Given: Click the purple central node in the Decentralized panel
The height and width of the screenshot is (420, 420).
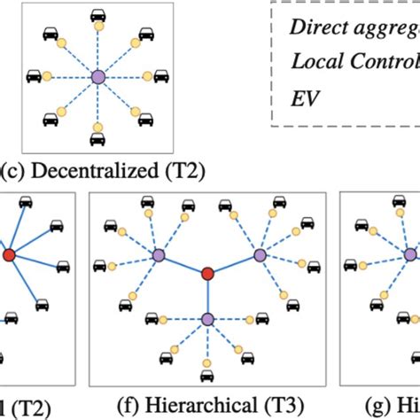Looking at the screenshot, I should point(97,78).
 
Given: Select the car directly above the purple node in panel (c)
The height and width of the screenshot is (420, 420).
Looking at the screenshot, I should point(97,17).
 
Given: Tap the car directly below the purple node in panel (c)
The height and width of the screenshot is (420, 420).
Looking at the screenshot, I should point(97,139).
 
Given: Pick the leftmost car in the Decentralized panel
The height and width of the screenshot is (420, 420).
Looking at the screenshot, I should point(34,78).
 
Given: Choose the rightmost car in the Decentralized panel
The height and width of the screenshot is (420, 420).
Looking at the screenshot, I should point(161,78).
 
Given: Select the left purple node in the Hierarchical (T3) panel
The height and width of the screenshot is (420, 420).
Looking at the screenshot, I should point(157,255).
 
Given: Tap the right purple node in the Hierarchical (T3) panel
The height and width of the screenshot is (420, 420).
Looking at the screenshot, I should point(260,255).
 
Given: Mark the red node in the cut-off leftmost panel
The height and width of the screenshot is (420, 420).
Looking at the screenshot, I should point(9,256).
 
